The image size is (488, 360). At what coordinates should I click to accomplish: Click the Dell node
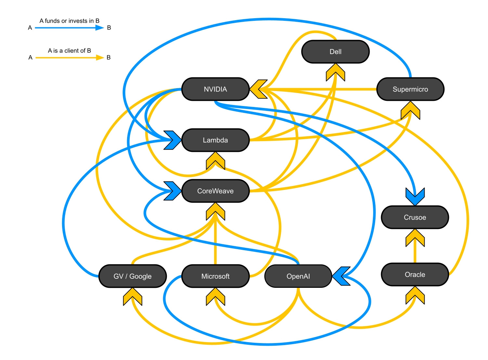click(x=335, y=52)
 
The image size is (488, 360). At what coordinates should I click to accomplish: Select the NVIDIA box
click(x=215, y=89)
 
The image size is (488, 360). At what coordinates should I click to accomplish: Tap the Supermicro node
click(x=410, y=89)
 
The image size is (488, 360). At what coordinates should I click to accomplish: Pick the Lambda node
click(x=215, y=140)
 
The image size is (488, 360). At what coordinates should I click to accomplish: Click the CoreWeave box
click(x=215, y=191)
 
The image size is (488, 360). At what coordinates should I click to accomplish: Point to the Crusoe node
click(x=415, y=217)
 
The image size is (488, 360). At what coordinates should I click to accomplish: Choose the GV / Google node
click(x=132, y=276)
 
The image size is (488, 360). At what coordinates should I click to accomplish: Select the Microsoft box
click(x=215, y=276)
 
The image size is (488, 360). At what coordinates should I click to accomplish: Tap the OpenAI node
click(x=298, y=276)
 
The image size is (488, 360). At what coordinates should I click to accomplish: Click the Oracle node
click(x=415, y=274)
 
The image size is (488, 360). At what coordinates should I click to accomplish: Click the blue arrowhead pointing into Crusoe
click(x=415, y=196)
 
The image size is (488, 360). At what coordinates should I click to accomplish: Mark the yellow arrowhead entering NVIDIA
click(x=258, y=89)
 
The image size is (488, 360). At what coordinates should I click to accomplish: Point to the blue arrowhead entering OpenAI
click(x=341, y=276)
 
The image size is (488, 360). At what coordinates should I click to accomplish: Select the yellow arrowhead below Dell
click(x=335, y=72)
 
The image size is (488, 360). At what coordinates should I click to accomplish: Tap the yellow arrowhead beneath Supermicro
click(x=410, y=111)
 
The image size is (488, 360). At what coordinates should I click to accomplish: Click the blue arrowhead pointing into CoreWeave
click(x=173, y=191)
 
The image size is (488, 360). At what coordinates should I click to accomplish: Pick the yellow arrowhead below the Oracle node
click(x=415, y=295)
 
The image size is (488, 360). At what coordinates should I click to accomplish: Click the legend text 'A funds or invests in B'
click(x=69, y=21)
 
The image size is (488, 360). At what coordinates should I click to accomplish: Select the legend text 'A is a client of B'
click(x=69, y=51)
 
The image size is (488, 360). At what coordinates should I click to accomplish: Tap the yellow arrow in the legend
click(x=69, y=58)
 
